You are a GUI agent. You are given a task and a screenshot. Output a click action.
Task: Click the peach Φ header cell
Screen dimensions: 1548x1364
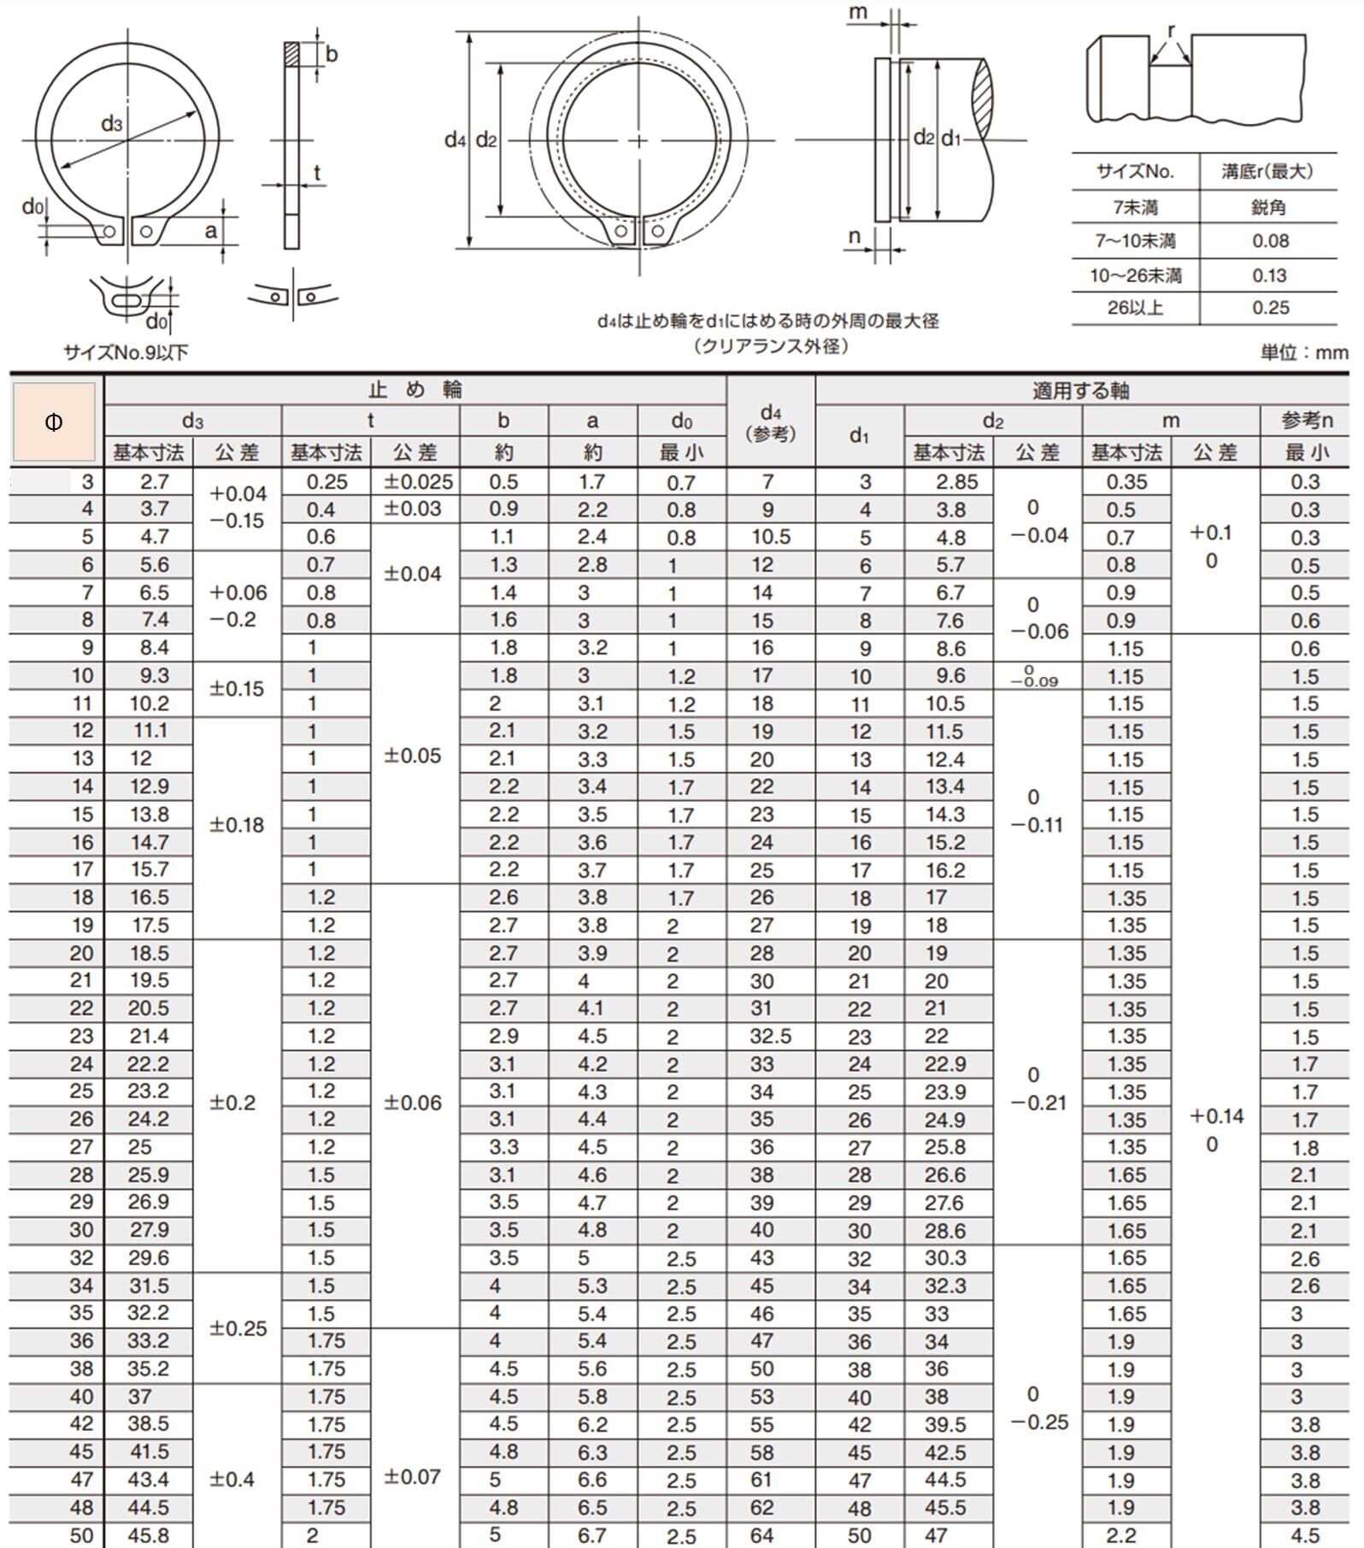(54, 422)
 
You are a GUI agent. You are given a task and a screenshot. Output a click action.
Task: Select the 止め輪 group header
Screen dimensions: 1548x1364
(415, 391)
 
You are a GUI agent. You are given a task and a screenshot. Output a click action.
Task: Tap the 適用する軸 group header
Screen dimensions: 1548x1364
(1081, 391)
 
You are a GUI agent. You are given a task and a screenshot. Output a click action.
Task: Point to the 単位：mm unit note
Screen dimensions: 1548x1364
(1304, 352)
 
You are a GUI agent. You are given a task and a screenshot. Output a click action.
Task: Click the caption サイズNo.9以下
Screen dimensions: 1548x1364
(126, 352)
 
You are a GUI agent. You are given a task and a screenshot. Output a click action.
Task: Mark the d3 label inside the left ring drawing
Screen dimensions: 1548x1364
(112, 125)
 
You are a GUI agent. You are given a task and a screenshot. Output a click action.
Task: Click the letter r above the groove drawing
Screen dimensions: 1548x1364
(1171, 31)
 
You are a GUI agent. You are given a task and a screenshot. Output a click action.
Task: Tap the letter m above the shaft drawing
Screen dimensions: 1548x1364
(859, 12)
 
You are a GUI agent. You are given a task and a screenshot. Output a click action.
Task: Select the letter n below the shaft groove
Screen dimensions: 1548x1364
(854, 237)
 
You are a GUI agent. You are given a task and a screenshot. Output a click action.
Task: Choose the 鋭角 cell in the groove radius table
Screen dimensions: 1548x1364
(1269, 207)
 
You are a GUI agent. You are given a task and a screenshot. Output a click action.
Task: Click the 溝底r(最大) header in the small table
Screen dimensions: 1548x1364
(1268, 171)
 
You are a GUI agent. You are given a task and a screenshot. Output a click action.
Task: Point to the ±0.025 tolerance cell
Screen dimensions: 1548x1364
(418, 482)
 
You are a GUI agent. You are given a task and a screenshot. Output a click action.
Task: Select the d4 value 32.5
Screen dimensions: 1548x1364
(770, 1036)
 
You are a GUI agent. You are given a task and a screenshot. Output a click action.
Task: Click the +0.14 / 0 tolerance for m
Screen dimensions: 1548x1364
(1215, 1129)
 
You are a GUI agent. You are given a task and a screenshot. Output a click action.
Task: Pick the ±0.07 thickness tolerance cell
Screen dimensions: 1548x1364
(413, 1476)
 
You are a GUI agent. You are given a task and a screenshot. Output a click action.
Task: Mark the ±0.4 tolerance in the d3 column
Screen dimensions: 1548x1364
(232, 1479)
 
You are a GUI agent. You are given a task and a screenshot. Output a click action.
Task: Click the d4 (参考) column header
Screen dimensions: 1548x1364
(770, 422)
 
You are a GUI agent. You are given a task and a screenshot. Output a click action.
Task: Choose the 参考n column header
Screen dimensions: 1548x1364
(1306, 421)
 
